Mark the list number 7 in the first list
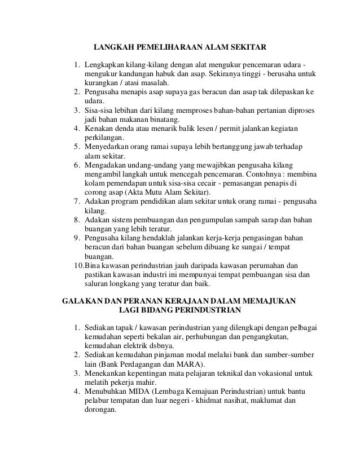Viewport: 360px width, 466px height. point(76,201)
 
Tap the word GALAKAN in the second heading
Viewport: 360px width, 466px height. point(81,301)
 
